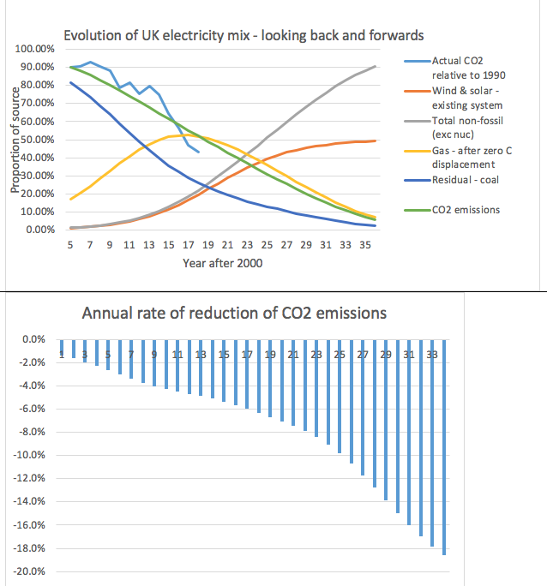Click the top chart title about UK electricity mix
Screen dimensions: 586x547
[244, 35]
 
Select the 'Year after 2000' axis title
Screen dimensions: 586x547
[222, 263]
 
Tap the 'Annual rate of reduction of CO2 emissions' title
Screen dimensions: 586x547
[234, 313]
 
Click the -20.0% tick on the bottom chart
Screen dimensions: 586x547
[29, 571]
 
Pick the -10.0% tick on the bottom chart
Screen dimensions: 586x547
[29, 455]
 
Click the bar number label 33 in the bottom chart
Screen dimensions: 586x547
[432, 354]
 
